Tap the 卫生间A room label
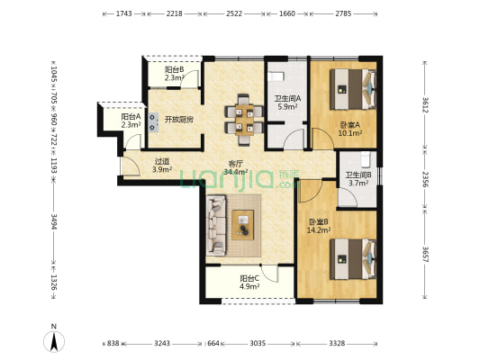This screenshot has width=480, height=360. [287, 99]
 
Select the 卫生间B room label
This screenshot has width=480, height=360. [358, 175]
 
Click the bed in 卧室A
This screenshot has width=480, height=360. [353, 89]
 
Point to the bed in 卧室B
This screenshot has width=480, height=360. [353, 259]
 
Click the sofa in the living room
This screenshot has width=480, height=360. [216, 225]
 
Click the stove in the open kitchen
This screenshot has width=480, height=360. [153, 122]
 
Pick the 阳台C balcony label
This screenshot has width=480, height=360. [249, 279]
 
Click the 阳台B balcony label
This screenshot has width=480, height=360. [174, 69]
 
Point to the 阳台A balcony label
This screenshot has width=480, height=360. [131, 116]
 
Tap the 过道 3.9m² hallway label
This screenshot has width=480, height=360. [162, 166]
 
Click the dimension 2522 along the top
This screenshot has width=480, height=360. [234, 13]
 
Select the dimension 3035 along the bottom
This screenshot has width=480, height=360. [258, 344]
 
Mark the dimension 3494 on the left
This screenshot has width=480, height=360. [54, 221]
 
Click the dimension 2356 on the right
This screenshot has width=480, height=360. [425, 179]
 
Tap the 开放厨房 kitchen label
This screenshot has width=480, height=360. [179, 120]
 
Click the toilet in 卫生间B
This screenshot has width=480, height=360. [366, 159]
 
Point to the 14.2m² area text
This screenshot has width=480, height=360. [319, 230]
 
